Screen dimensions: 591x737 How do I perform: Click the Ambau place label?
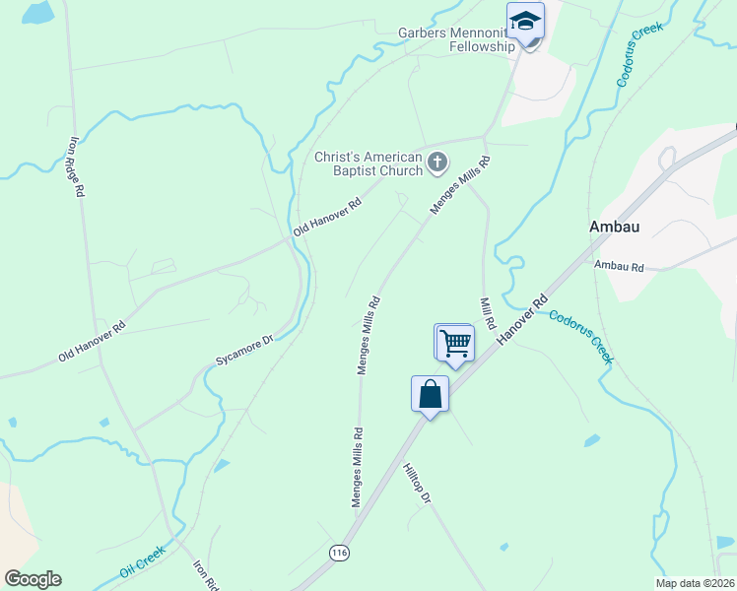pyautogui.click(x=615, y=227)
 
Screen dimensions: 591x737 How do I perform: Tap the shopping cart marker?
pyautogui.click(x=454, y=343)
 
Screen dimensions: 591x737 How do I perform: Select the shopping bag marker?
pyautogui.click(x=430, y=394)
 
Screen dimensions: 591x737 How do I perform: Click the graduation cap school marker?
pyautogui.click(x=525, y=21)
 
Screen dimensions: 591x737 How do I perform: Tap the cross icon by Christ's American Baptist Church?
pyautogui.click(x=436, y=162)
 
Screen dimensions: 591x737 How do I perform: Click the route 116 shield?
pyautogui.click(x=340, y=553)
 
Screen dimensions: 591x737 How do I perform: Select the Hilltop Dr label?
pyautogui.click(x=417, y=485)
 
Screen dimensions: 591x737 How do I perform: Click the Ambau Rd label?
pyautogui.click(x=618, y=266)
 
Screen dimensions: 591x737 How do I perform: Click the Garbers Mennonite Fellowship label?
pyautogui.click(x=456, y=39)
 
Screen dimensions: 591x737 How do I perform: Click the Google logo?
pyautogui.click(x=33, y=579)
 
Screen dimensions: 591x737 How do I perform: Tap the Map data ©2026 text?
pyautogui.click(x=695, y=583)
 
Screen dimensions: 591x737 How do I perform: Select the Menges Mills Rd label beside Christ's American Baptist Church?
pyautogui.click(x=459, y=184)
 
